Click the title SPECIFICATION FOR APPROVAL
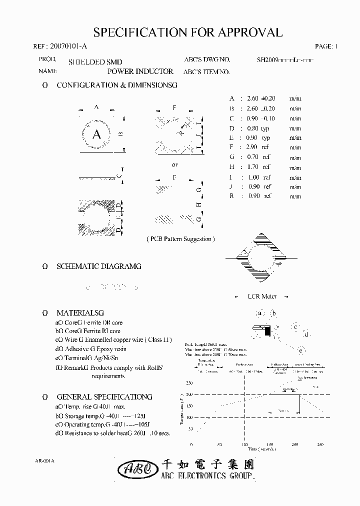coord(188,32)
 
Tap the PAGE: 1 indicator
coord(326,46)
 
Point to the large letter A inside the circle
coord(97,134)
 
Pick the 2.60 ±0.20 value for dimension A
coord(261,98)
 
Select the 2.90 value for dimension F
coord(251,147)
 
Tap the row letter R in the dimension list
coord(231,196)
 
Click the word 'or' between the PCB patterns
coord(174,165)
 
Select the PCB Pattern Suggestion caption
coord(180,239)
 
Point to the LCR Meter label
coord(262,296)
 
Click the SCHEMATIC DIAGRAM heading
coord(98,266)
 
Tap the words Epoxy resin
coord(113,349)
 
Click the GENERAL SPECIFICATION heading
coord(104,396)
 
